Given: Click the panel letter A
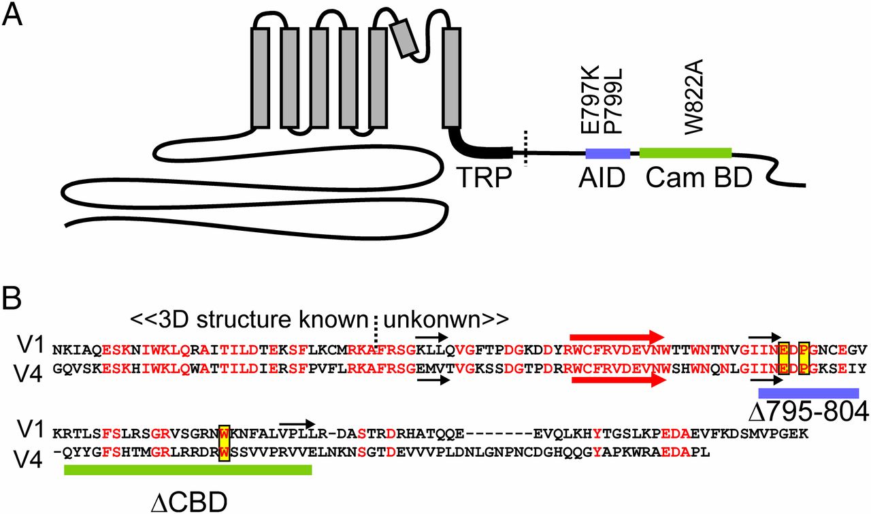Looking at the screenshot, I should (14, 15).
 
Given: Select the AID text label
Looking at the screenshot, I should (602, 178).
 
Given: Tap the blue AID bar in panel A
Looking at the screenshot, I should (608, 153).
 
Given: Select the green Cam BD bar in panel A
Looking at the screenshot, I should (685, 153).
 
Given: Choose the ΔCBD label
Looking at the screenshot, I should (189, 500).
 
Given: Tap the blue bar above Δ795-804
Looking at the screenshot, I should (808, 393).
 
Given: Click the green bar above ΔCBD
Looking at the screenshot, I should (187, 470).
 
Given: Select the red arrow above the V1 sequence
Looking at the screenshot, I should (617, 336).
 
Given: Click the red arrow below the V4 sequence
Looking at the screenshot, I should (617, 382).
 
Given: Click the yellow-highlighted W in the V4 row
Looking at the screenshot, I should (223, 450).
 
